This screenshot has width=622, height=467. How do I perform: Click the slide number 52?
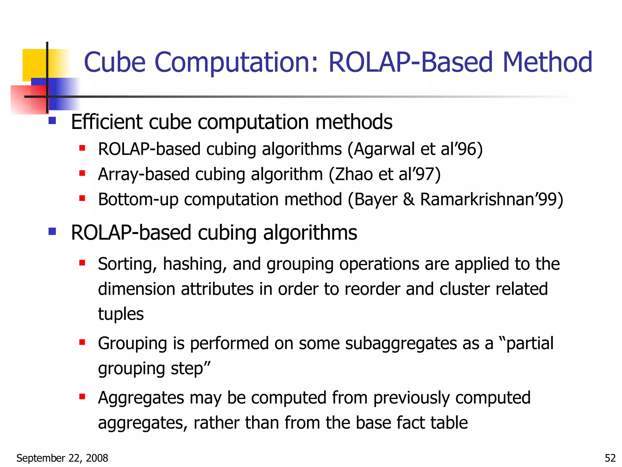click(610, 458)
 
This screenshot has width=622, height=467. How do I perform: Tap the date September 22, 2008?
click(62, 458)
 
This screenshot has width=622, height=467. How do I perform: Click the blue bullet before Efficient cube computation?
click(52, 121)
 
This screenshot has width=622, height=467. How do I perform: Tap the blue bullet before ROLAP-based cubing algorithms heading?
click(52, 232)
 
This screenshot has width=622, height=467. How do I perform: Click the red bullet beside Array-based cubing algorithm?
click(82, 173)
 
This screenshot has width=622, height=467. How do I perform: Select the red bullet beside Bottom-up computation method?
click(82, 199)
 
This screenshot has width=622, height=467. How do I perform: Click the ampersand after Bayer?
click(409, 200)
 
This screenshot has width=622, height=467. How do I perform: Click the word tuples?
click(121, 314)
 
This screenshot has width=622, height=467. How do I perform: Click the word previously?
click(411, 398)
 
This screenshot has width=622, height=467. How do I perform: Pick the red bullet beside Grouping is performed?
click(82, 342)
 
